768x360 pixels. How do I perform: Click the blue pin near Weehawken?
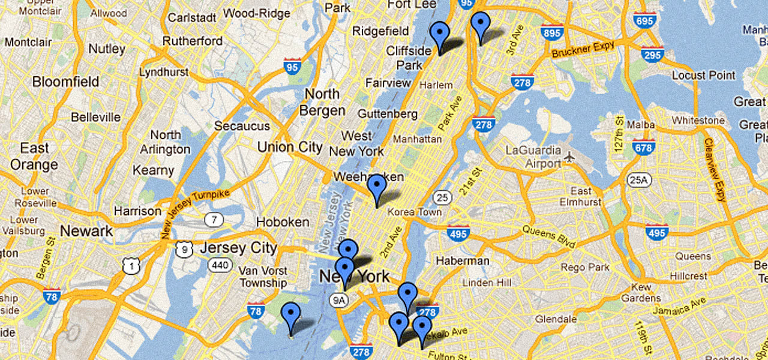tap(377, 188)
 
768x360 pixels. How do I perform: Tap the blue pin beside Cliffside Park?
tap(440, 35)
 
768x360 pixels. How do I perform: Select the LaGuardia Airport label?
tap(533, 157)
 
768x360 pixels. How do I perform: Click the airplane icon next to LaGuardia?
tap(570, 157)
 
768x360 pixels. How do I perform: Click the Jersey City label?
tap(238, 248)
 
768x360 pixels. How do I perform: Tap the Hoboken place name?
tap(283, 222)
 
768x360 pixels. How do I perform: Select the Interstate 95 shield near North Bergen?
tap(292, 67)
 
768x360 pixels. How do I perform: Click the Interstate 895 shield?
tap(551, 32)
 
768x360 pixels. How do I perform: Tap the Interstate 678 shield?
tap(643, 146)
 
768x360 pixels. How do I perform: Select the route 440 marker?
tap(220, 265)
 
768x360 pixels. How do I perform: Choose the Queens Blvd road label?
tap(548, 236)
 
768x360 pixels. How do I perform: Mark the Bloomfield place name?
tap(66, 81)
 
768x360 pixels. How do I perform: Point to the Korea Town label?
tap(415, 212)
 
